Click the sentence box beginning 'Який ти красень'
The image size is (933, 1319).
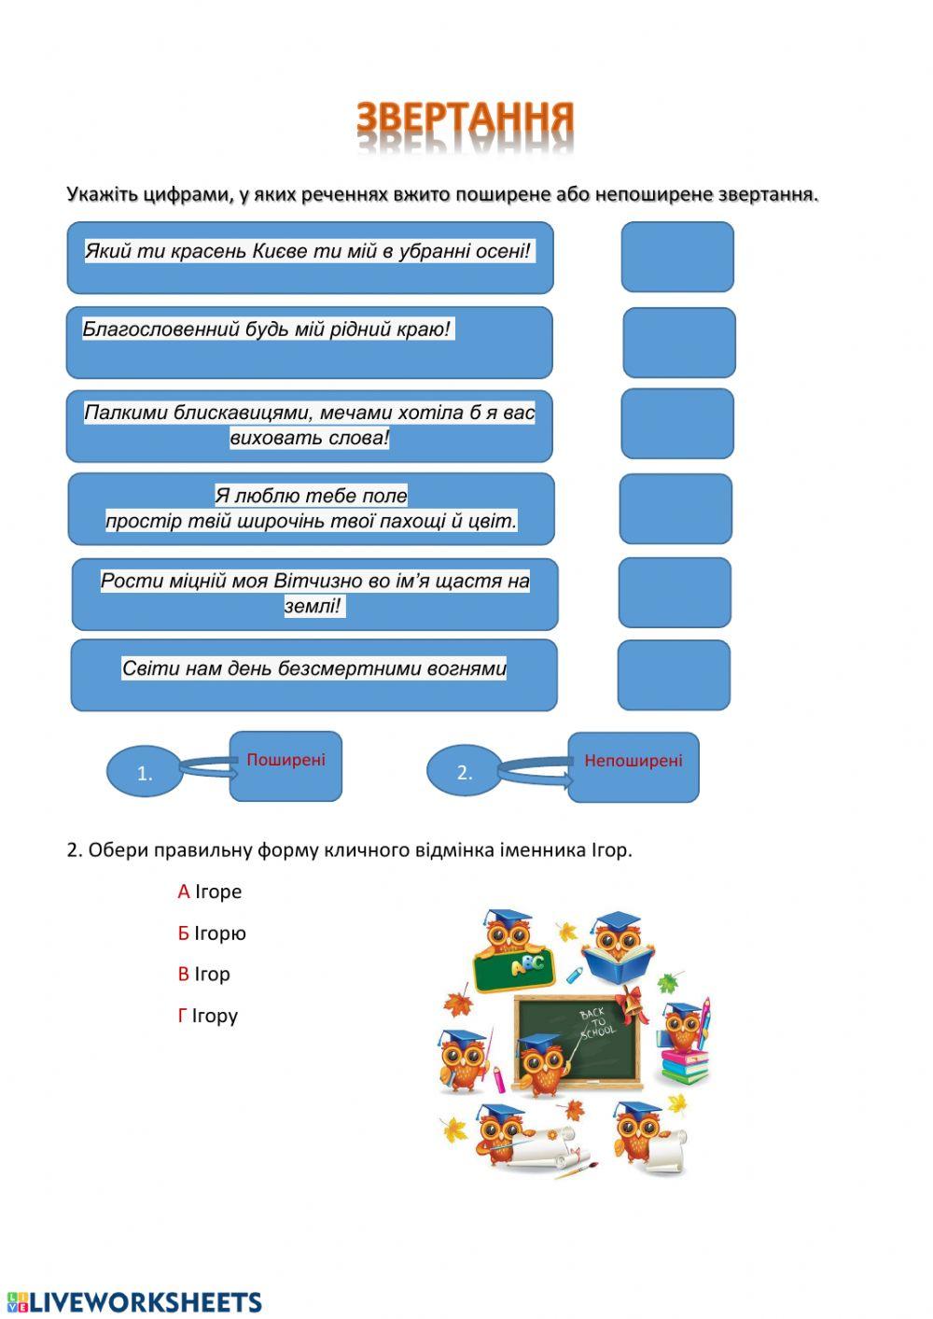(x=310, y=257)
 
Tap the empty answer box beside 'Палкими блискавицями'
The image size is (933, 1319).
(x=677, y=424)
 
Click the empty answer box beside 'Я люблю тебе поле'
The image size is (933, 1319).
(x=675, y=509)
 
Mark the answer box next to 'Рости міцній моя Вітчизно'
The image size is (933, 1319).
(x=675, y=593)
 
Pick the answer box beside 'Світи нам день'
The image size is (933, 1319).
(x=674, y=675)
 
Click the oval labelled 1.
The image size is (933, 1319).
(x=145, y=773)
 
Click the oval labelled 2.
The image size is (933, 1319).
(x=464, y=772)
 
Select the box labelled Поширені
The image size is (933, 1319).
(x=285, y=766)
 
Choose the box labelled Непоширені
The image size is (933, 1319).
(x=634, y=767)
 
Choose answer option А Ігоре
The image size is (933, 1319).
(x=210, y=891)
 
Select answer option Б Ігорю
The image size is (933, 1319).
(x=212, y=933)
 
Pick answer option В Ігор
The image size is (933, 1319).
(x=204, y=974)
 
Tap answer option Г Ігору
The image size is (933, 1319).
(x=208, y=1015)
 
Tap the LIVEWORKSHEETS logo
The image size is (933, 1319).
(x=135, y=1302)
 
